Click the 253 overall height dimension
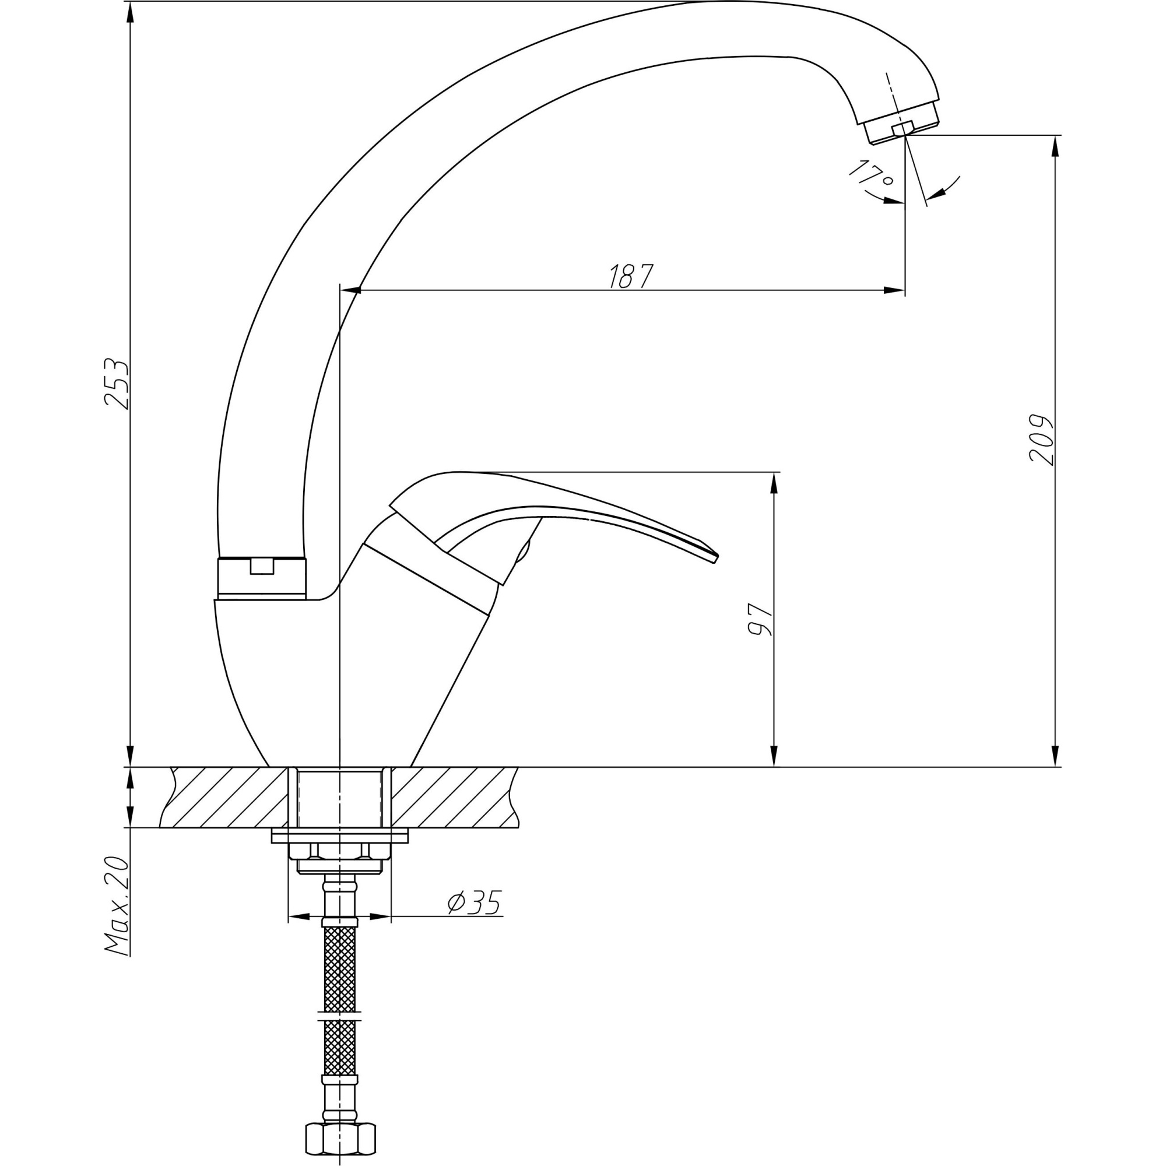[x=117, y=384]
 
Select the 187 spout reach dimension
[x=630, y=276]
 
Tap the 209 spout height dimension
[x=1042, y=440]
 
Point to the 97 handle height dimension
[x=760, y=620]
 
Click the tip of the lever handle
[x=715, y=558]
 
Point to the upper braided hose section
[x=341, y=968]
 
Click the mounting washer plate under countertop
[x=340, y=836]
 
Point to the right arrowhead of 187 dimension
[x=895, y=290]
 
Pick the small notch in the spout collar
[x=262, y=566]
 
